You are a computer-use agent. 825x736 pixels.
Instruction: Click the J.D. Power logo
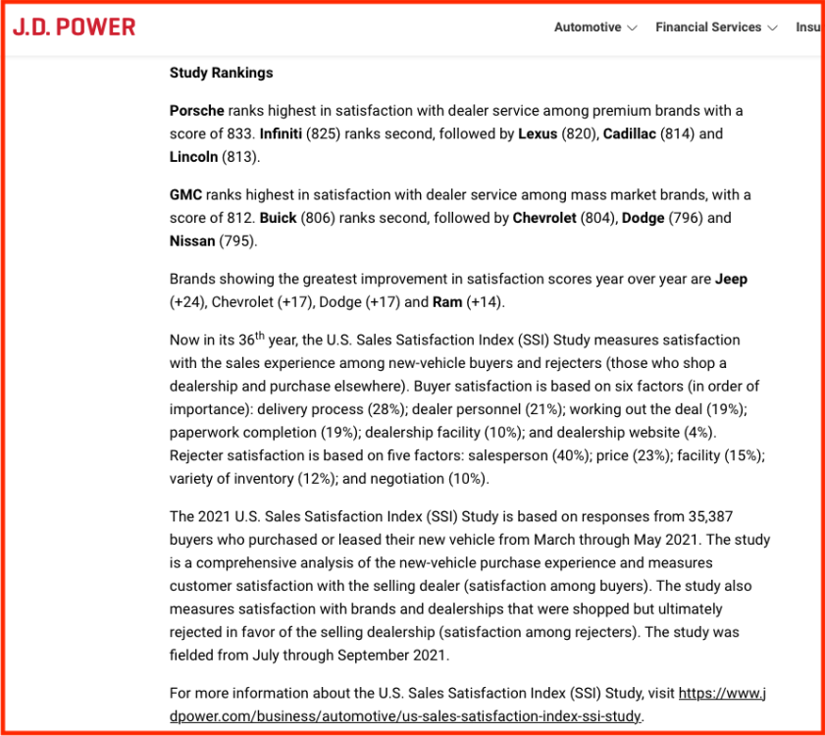click(x=75, y=26)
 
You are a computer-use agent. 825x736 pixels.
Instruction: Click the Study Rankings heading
click(x=221, y=73)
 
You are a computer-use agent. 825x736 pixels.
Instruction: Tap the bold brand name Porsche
click(x=196, y=110)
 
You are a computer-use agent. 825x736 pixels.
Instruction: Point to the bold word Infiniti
click(x=282, y=133)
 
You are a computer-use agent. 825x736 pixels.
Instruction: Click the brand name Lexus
click(x=537, y=133)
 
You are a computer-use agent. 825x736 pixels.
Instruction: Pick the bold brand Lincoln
click(x=193, y=157)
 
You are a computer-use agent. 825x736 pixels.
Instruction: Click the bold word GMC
click(x=185, y=194)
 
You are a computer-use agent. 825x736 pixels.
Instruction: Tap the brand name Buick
click(x=278, y=218)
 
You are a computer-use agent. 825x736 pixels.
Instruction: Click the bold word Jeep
click(x=731, y=279)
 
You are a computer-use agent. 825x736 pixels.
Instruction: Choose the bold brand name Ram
click(x=447, y=302)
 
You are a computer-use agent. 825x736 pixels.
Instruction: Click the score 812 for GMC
click(x=239, y=218)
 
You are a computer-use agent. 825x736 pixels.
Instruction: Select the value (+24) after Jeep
click(x=187, y=302)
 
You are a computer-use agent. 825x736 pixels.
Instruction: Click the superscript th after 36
click(x=260, y=335)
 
